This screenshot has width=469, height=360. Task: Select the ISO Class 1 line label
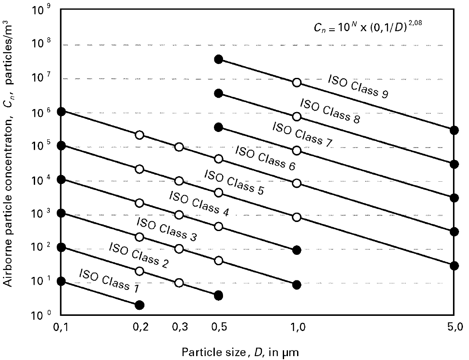pyautogui.click(x=104, y=279)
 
